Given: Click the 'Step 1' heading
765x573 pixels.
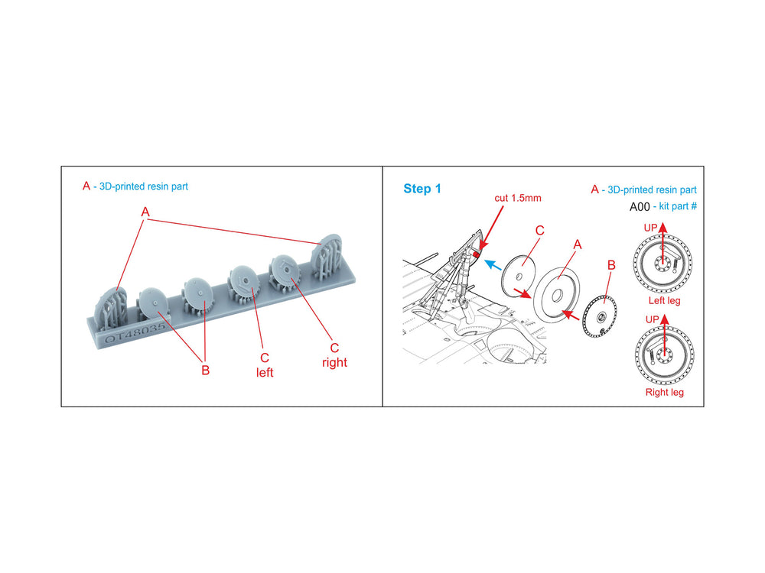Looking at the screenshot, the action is pos(422,189).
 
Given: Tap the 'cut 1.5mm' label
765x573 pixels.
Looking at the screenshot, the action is pos(518,198).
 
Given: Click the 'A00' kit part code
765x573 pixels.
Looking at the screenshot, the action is pos(640,206).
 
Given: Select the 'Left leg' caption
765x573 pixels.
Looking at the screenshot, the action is pos(664,300).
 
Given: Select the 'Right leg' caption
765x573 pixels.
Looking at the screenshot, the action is pos(665,392).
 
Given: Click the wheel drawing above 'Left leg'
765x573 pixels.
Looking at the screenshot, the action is pos(662,263).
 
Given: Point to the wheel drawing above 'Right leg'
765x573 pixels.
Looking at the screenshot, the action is pos(665,354).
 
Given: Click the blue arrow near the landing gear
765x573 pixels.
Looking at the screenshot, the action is pos(493,265).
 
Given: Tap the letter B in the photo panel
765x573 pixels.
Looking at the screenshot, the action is pos(205,371).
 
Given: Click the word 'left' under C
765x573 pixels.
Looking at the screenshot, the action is pos(265,373).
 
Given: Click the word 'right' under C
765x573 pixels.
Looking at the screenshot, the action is pos(335,362).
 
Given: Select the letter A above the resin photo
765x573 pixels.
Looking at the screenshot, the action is pos(145,212).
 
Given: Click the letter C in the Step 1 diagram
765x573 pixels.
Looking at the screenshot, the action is pos(539,231).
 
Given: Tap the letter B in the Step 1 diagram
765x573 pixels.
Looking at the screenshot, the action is pos(611,266).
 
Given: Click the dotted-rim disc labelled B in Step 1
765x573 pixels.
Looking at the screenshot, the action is pos(600,316).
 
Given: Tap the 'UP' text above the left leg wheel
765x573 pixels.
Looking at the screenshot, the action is pos(650,228).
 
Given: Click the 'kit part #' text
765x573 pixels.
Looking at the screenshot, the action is pos(678,206).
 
